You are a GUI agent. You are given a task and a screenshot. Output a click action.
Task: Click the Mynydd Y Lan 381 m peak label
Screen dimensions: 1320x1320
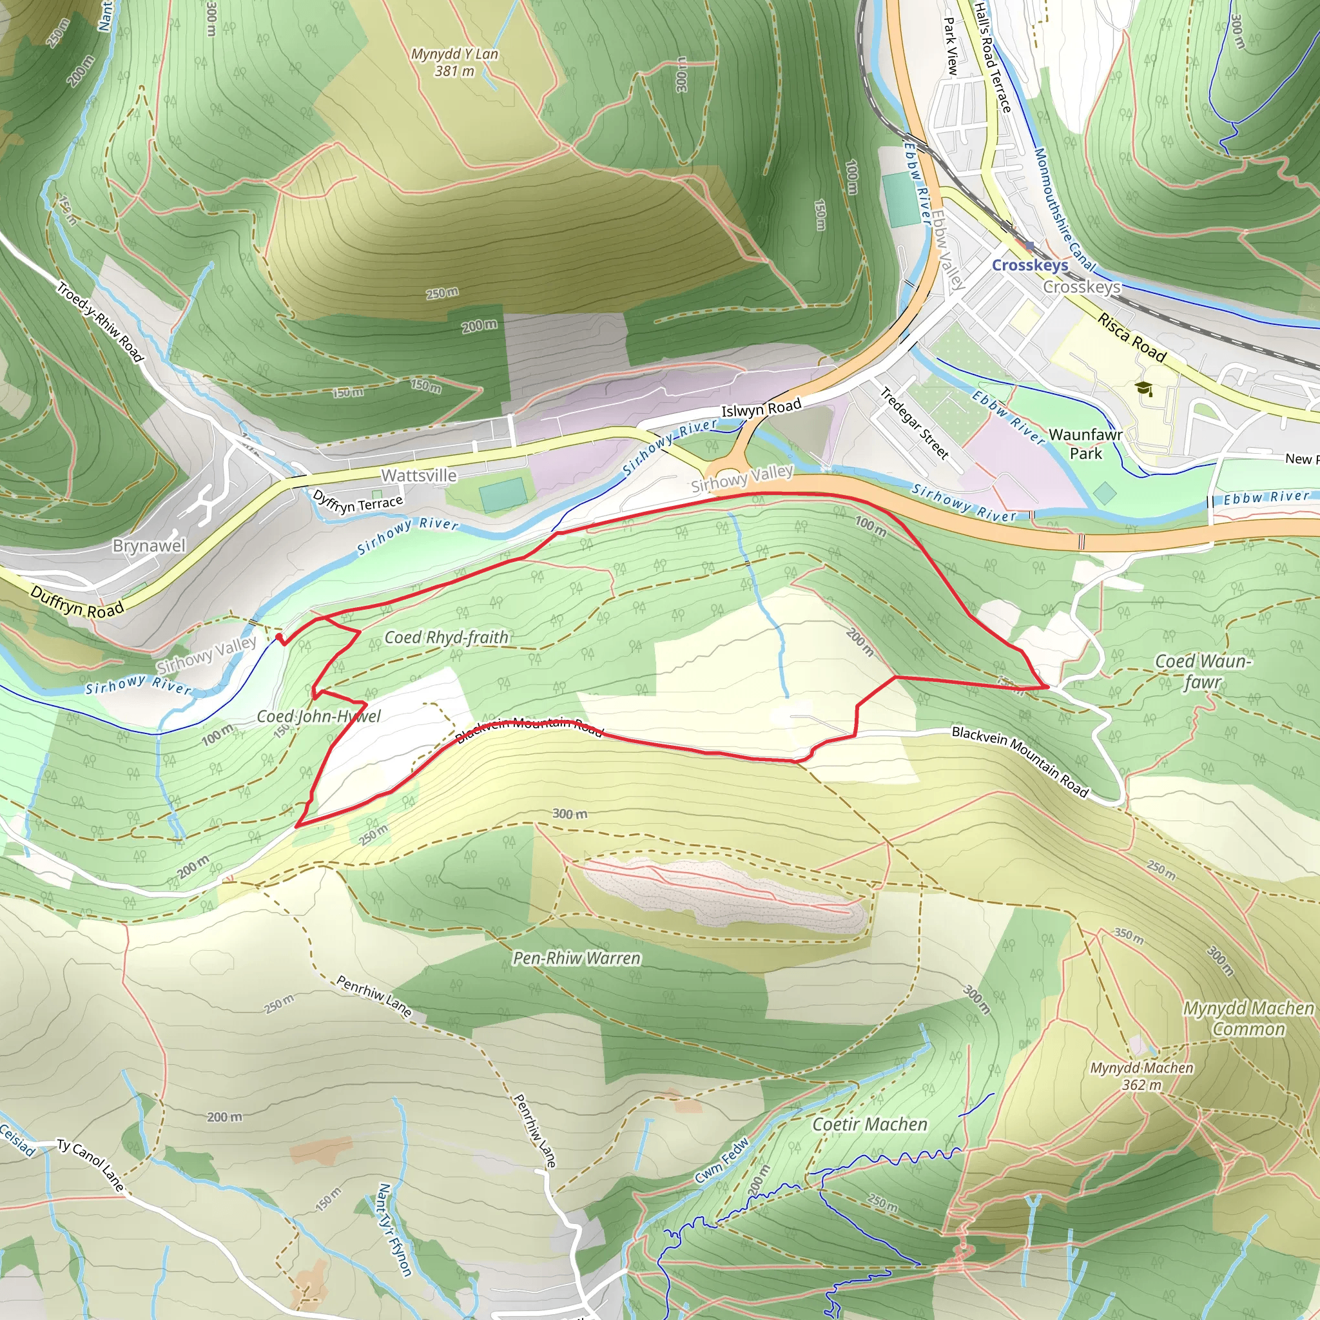click(x=454, y=62)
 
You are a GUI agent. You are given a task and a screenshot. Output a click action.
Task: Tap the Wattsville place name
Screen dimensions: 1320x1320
click(x=419, y=476)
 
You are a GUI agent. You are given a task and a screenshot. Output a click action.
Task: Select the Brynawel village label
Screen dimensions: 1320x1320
click(x=149, y=546)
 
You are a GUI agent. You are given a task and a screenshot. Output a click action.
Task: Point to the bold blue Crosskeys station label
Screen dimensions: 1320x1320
click(x=1029, y=265)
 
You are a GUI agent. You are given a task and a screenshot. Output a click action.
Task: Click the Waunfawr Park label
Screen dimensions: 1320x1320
click(x=1085, y=444)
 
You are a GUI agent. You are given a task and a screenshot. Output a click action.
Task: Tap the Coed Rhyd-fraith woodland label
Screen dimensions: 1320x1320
click(x=446, y=637)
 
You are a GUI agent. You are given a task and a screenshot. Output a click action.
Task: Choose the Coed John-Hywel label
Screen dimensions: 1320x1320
click(x=318, y=716)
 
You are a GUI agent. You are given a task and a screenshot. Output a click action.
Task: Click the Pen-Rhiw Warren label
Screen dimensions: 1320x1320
click(x=577, y=958)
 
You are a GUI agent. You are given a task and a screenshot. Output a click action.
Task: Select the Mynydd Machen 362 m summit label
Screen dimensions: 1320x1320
click(x=1141, y=1076)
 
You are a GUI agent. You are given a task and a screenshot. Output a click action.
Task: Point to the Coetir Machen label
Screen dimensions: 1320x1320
click(x=869, y=1124)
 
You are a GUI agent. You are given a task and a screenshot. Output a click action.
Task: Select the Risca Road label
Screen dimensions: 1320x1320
click(x=1131, y=337)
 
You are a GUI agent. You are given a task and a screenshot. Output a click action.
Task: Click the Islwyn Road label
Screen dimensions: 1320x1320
click(x=761, y=409)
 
